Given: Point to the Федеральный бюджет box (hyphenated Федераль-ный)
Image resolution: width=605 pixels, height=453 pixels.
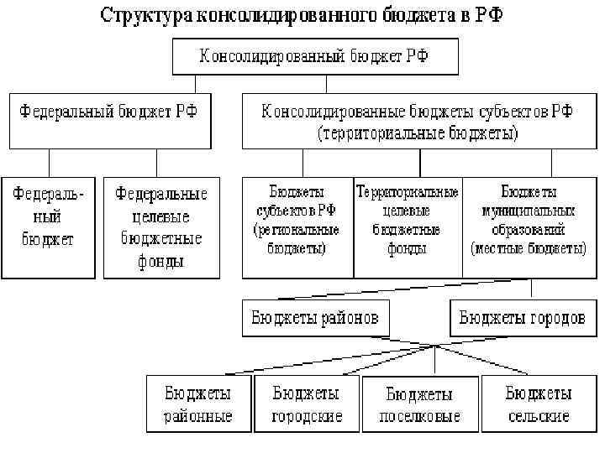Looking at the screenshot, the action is pyautogui.click(x=48, y=226).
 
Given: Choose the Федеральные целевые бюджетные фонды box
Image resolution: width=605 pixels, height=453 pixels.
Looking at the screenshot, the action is pyautogui.click(x=160, y=226).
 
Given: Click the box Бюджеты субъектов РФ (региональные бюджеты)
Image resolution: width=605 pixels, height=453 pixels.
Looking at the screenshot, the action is pyautogui.click(x=297, y=226).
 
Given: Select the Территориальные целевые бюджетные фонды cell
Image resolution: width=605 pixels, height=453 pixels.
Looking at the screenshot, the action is pyautogui.click(x=408, y=226).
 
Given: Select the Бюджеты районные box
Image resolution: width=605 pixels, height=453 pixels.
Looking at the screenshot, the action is pyautogui.click(x=198, y=404).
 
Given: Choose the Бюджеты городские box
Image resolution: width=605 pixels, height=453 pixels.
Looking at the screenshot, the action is pyautogui.click(x=307, y=404).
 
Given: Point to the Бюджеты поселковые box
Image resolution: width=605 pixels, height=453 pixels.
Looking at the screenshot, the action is pyautogui.click(x=419, y=404).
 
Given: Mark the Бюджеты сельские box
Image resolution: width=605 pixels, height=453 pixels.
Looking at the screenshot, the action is pyautogui.click(x=539, y=404).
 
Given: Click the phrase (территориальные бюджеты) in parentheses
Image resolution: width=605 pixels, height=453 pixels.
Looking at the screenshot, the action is pyautogui.click(x=418, y=133).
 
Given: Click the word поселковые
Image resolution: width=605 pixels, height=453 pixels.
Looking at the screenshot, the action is pyautogui.click(x=419, y=417).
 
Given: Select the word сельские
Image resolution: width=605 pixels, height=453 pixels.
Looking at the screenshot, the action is pyautogui.click(x=539, y=416).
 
